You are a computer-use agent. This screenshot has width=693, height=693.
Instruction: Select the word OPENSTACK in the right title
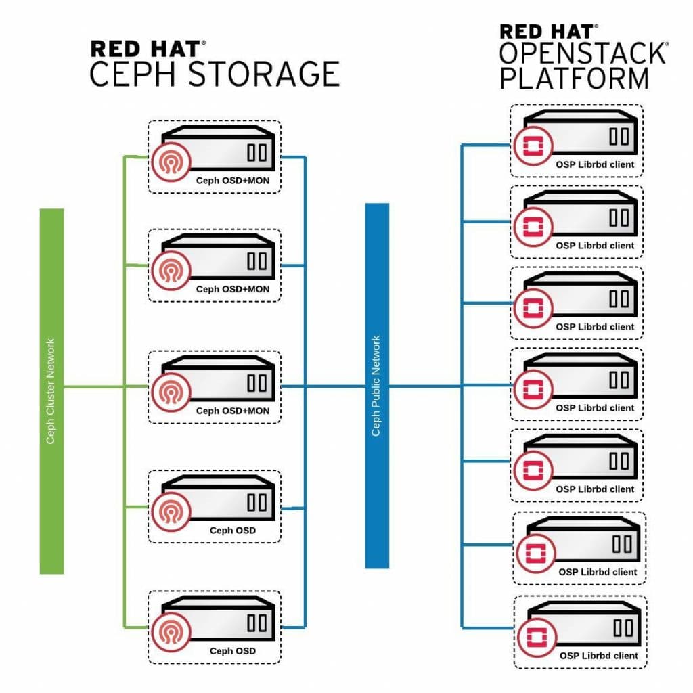pos(583,53)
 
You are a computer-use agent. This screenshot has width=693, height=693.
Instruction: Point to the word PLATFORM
pos(575,78)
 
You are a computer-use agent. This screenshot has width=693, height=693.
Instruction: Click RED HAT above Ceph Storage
pos(145,49)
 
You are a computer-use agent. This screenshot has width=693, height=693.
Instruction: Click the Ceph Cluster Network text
pos(51,391)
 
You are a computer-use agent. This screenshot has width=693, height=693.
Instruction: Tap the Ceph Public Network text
pos(376,386)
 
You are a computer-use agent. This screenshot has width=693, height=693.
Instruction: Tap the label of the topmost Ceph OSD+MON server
pos(232,181)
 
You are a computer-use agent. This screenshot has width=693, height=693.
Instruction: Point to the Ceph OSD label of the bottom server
pos(232,652)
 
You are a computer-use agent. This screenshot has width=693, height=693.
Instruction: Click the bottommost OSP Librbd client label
pos(598,656)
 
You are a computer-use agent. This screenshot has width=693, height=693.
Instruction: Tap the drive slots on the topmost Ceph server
pos(257,152)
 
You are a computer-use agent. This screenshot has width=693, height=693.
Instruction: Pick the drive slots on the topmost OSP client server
pos(619,135)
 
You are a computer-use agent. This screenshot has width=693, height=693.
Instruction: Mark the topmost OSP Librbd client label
pos(595,164)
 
